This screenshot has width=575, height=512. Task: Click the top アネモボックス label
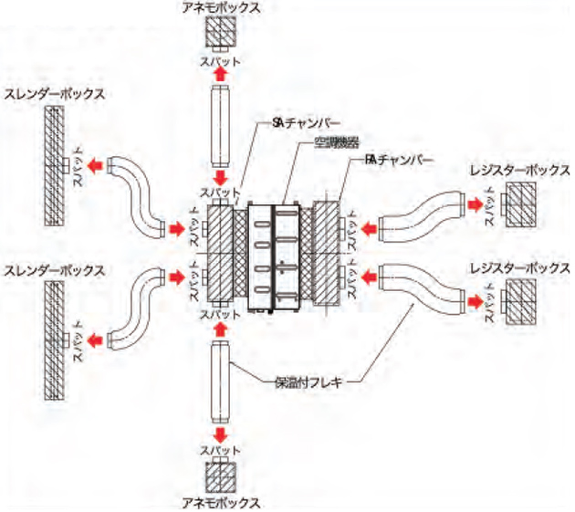pyautogui.click(x=221, y=7)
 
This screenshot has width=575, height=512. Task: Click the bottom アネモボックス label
pyautogui.click(x=221, y=503)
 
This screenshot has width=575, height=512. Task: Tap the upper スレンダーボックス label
pyautogui.click(x=54, y=93)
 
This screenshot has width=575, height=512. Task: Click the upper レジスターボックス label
pyautogui.click(x=519, y=171)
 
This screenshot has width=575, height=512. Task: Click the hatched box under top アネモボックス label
pyautogui.click(x=221, y=36)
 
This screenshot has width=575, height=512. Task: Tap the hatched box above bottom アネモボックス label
pyautogui.click(x=221, y=476)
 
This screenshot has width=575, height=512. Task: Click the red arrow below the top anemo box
pyautogui.click(x=221, y=74)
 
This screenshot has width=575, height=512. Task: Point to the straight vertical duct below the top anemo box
pyautogui.click(x=221, y=123)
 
